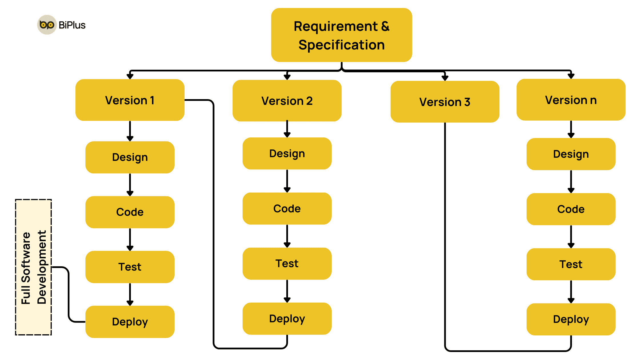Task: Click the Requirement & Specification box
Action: point(341,35)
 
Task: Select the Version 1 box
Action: point(130,100)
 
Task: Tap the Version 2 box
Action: point(287,101)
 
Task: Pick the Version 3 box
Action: point(445,102)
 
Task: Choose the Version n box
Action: point(571,100)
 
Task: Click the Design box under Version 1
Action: point(130,157)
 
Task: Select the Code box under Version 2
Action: point(287,209)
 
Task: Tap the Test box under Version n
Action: point(571,264)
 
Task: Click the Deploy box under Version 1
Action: point(130,322)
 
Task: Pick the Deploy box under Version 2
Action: point(287,319)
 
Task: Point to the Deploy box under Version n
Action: point(571,319)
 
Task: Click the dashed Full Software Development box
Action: point(33,267)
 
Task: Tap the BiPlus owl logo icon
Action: point(47,25)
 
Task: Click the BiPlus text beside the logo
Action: point(72,25)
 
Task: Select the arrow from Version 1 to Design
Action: point(130,131)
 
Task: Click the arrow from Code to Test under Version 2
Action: point(287,236)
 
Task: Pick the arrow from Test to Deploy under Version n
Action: point(571,291)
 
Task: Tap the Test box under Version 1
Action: point(130,267)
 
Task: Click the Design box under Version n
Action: point(571,154)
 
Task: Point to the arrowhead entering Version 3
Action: point(445,78)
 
